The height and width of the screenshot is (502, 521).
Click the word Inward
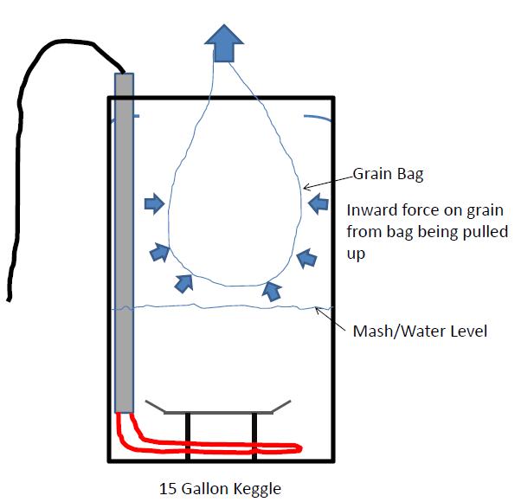370,210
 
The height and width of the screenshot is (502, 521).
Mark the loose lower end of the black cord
9,299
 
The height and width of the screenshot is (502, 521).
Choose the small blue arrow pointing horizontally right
153,204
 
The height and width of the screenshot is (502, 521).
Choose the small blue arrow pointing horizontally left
318,204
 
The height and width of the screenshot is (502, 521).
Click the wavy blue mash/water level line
225,306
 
